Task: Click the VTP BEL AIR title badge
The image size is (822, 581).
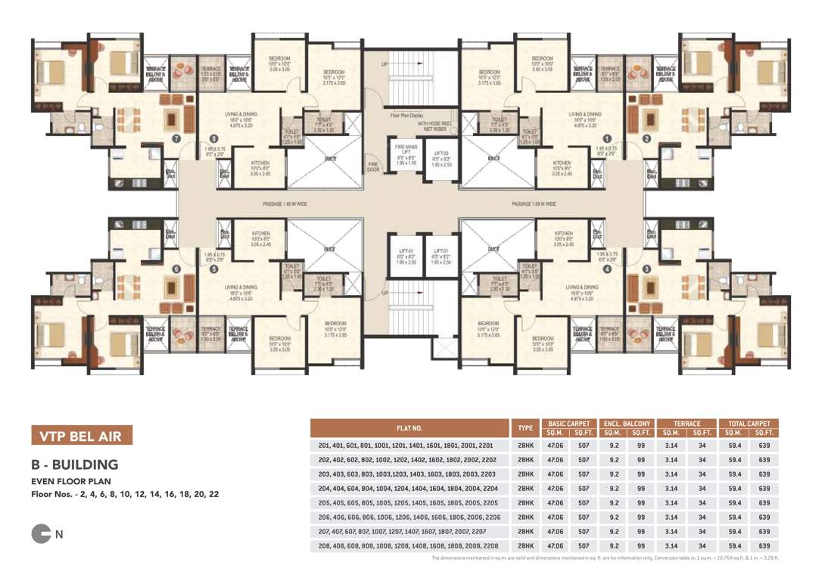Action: [81, 436]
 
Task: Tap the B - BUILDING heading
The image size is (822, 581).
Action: [74, 464]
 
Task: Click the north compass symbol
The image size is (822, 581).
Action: [41, 534]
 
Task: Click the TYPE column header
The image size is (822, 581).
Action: [525, 428]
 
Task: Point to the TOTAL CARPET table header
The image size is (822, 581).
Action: [749, 424]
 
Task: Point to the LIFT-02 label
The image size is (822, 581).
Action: [442, 255]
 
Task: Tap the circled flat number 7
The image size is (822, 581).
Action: [176, 138]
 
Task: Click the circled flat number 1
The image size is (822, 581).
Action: [606, 138]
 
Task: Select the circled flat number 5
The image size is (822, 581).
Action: [215, 269]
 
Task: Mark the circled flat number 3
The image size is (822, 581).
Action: [646, 269]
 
